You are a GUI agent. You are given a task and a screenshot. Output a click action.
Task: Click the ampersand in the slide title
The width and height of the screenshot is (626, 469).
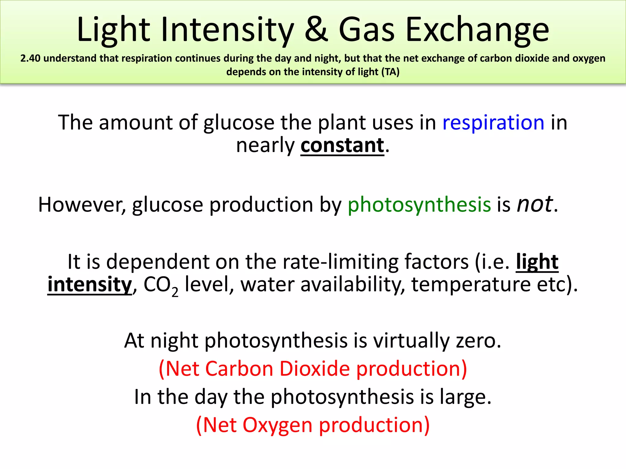[316, 30]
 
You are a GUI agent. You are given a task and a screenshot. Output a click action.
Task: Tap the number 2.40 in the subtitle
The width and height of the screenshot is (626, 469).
[30, 58]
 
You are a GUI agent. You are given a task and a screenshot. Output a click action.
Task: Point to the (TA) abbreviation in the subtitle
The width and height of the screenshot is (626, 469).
[390, 72]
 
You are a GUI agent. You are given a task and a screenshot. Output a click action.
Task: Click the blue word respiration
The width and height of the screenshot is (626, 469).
[493, 122]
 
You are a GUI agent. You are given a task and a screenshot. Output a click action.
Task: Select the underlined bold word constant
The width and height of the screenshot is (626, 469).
[342, 145]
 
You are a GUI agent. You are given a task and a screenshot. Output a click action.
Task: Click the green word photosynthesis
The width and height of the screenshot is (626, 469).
[419, 205]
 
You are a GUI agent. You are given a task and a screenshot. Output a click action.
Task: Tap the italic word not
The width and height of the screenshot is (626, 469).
[534, 204]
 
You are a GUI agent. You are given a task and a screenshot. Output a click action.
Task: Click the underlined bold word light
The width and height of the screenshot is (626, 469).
[537, 262]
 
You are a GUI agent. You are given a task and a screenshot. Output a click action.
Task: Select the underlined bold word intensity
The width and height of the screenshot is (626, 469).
[90, 284]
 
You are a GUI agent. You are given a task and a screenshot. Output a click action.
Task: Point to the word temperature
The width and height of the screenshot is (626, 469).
[471, 285]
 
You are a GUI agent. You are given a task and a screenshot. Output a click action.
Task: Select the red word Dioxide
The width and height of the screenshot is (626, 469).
[315, 369]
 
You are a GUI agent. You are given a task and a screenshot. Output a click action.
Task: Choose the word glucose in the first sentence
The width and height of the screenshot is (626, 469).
[239, 123]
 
